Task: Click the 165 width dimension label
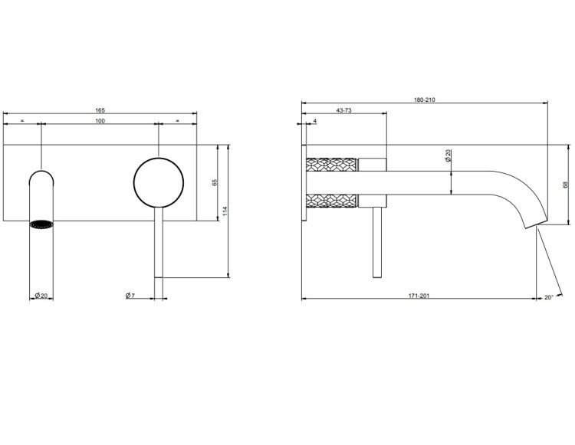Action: tap(100, 110)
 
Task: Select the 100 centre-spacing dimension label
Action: tap(100, 121)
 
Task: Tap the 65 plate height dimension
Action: tap(215, 182)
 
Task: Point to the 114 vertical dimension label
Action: tap(225, 211)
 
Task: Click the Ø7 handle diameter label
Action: tap(130, 296)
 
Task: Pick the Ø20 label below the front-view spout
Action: tap(41, 296)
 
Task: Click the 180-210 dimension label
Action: tap(425, 100)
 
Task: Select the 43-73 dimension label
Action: tap(344, 110)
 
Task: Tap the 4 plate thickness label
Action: tap(315, 120)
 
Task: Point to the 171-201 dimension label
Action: tap(419, 296)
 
